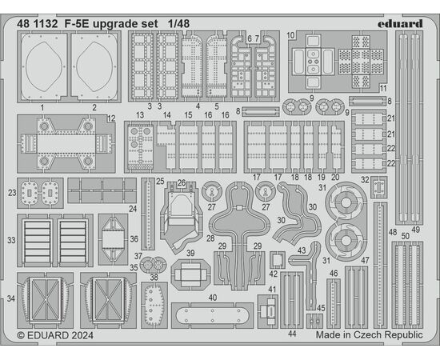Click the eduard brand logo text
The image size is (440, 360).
pyautogui.click(x=400, y=23)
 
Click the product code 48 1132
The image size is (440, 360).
pyautogui.click(x=38, y=24)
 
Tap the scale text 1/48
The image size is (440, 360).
pyautogui.click(x=178, y=24)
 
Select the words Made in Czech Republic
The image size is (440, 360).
pyautogui.click(x=370, y=334)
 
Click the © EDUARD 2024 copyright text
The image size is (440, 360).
pyautogui.click(x=55, y=335)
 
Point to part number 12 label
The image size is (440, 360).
pyautogui.click(x=111, y=118)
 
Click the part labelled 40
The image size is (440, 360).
pyautogui.click(x=213, y=315)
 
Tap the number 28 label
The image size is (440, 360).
pyautogui.click(x=210, y=238)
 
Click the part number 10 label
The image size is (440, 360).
pyautogui.click(x=290, y=36)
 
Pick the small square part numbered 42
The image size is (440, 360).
pyautogui.click(x=278, y=260)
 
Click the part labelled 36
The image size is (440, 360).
pyautogui.click(x=113, y=239)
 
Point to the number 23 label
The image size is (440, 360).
pyautogui.click(x=12, y=193)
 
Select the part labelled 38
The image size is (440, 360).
pyautogui.click(x=154, y=305)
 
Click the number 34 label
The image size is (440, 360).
pyautogui.click(x=11, y=298)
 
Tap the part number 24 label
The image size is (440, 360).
pyautogui.click(x=133, y=209)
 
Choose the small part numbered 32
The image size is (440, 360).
pyautogui.click(x=379, y=187)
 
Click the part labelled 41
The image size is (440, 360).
pyautogui.click(x=268, y=311)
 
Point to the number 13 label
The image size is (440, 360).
pyautogui.click(x=140, y=114)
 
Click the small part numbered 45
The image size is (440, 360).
pyautogui.click(x=314, y=321)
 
